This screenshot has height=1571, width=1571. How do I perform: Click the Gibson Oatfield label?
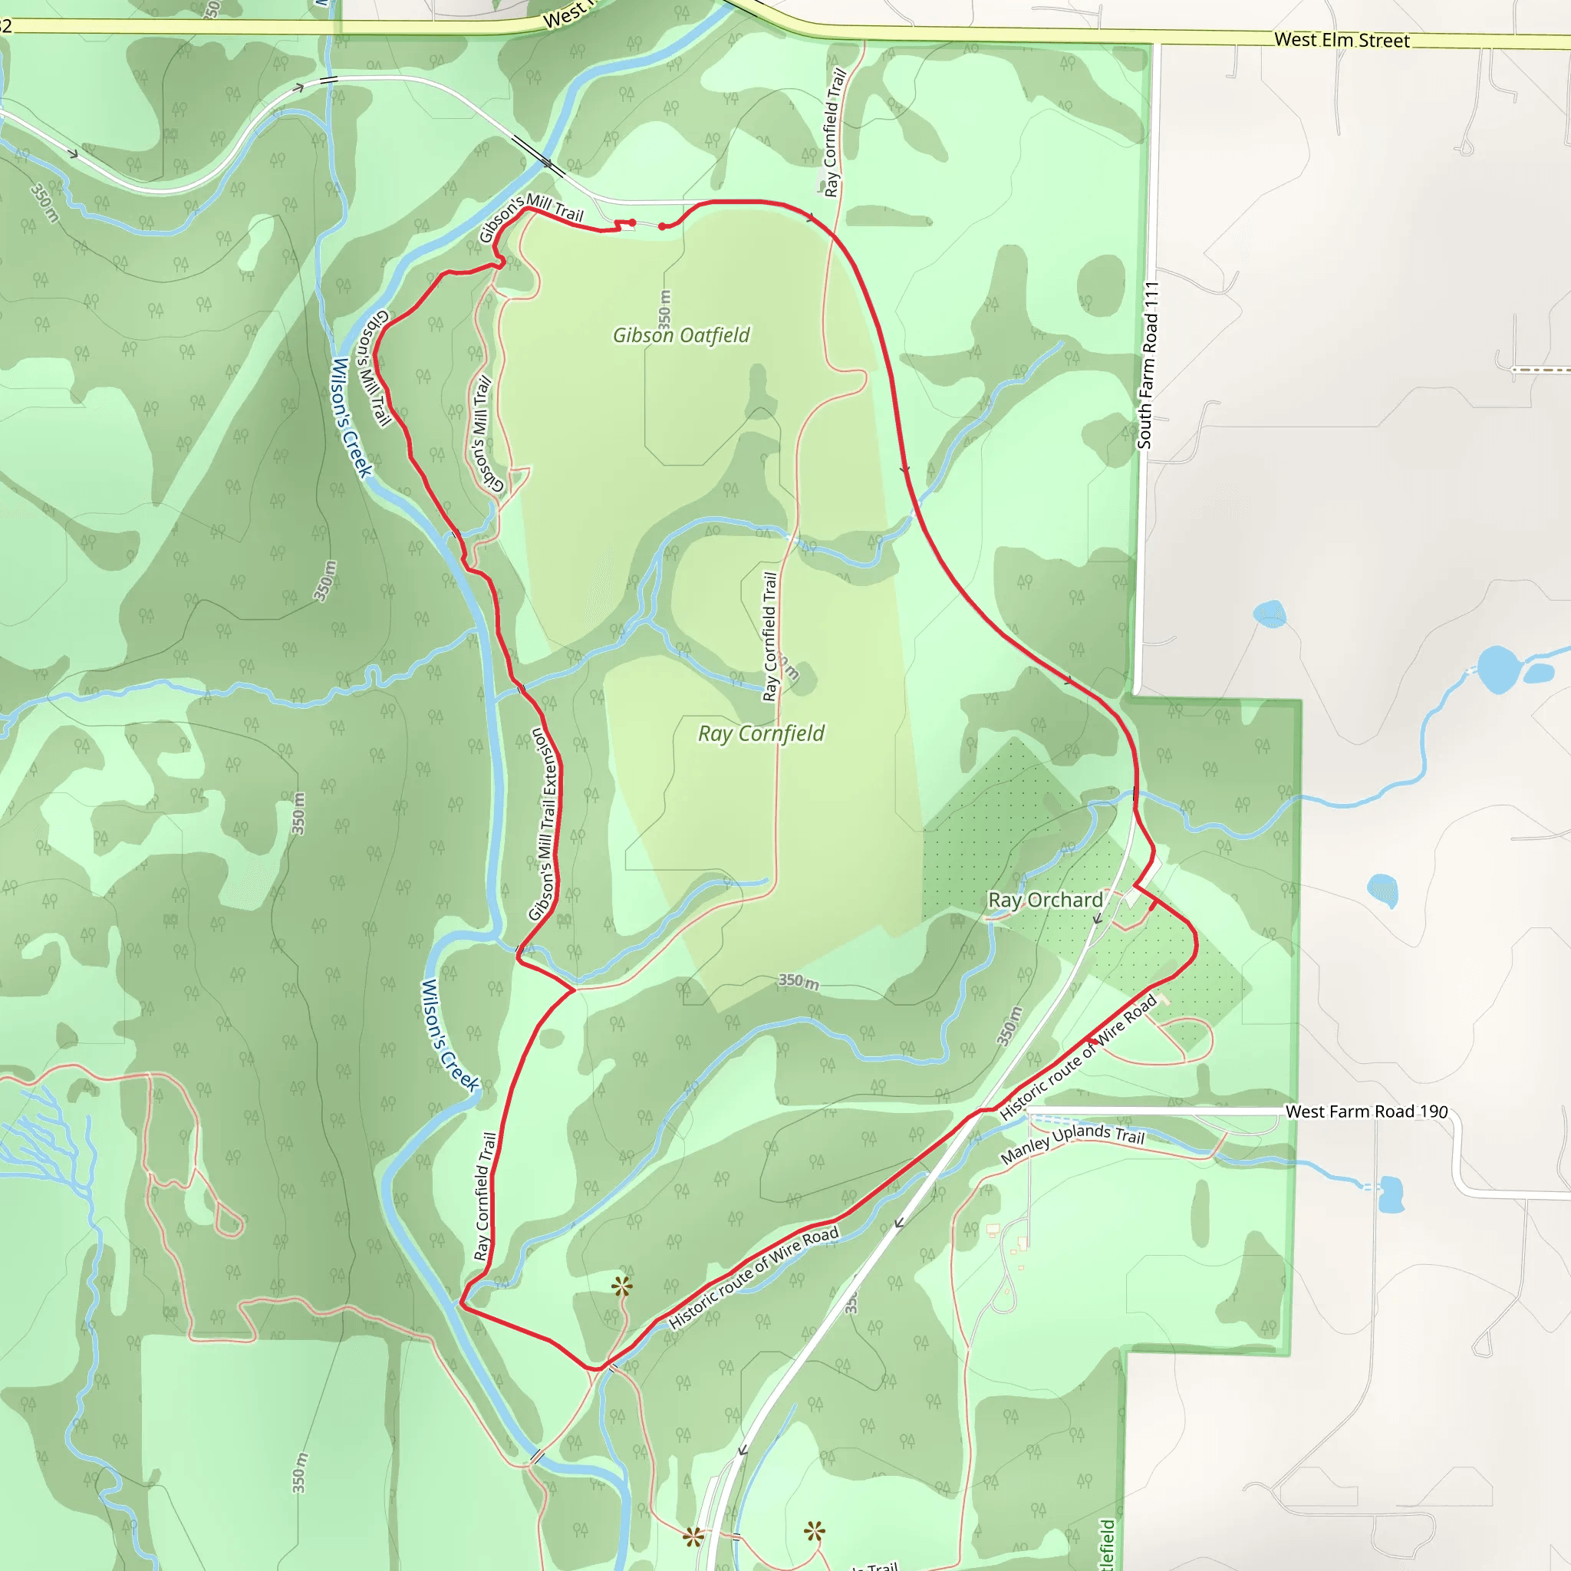[680, 335]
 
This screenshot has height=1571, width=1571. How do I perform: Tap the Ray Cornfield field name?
[761, 733]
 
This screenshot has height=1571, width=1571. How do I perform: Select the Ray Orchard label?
[1045, 900]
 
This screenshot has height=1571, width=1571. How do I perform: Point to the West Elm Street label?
[1342, 40]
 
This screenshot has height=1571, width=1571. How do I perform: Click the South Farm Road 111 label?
[1147, 365]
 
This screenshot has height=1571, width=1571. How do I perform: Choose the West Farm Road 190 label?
[1366, 1112]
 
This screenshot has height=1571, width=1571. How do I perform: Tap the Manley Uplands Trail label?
[1072, 1143]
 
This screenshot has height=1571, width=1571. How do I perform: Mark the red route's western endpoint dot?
[632, 222]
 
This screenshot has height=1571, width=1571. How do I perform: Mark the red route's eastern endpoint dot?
[662, 227]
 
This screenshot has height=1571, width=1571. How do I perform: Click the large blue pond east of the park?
[1497, 668]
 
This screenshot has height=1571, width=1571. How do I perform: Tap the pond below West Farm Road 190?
[1392, 1194]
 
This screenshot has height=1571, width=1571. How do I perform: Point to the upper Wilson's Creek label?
[351, 418]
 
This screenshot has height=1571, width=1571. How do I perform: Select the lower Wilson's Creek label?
[450, 1035]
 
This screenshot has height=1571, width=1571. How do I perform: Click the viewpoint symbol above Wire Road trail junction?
[622, 1286]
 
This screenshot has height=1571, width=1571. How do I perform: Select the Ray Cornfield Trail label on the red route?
[486, 1196]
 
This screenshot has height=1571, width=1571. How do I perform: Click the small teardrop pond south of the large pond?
[1383, 890]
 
